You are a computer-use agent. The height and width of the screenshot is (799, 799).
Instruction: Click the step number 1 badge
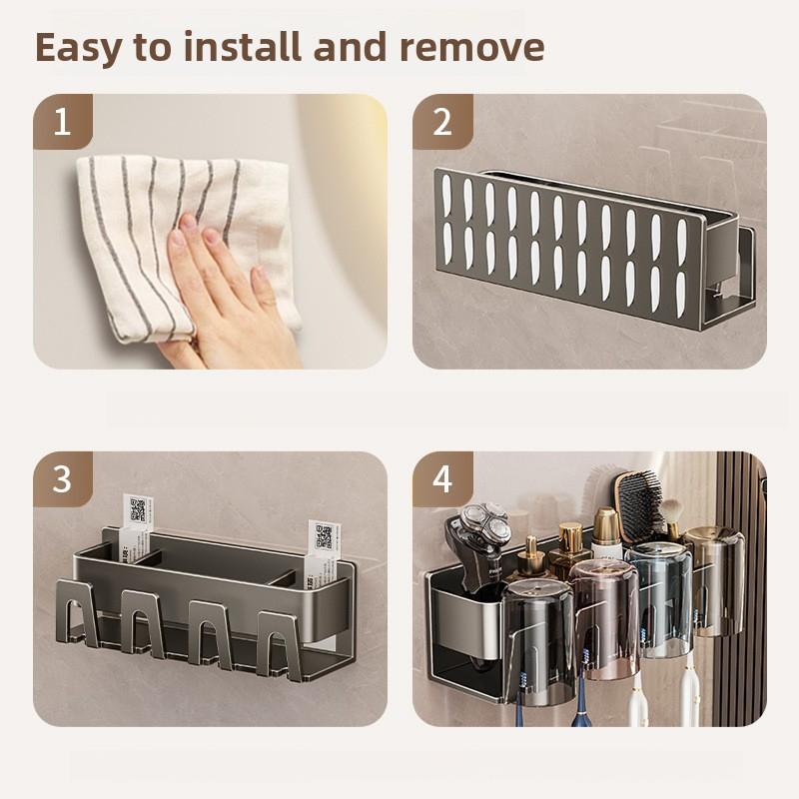[62, 122]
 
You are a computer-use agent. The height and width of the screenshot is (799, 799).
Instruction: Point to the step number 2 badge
[441, 122]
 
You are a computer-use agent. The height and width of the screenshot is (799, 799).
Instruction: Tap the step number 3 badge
[62, 479]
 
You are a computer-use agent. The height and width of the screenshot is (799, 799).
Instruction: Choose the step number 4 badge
[441, 479]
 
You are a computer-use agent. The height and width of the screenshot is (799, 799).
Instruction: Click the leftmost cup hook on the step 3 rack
[87, 619]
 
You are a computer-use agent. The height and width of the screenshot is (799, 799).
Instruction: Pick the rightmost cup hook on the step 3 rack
[281, 639]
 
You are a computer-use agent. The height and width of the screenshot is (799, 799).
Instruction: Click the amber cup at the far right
[713, 579]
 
